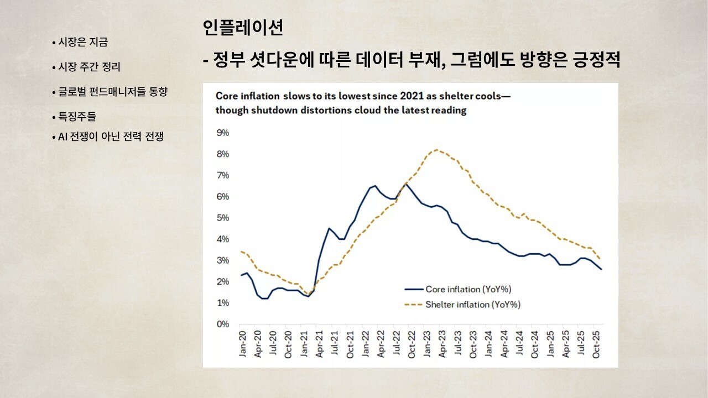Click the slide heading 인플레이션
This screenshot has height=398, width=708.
243,28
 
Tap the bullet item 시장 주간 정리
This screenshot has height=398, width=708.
89,67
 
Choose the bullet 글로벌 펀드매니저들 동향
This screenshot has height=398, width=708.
113,92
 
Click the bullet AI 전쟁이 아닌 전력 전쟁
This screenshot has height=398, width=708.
111,137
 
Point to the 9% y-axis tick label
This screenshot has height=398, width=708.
222,133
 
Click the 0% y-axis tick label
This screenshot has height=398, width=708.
222,324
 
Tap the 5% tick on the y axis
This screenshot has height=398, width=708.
222,218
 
